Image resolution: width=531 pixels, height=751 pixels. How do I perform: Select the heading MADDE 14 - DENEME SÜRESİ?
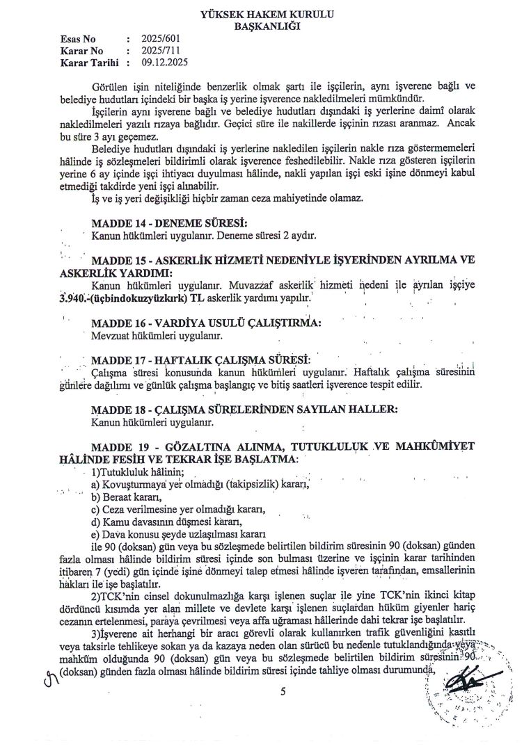pos(169,223)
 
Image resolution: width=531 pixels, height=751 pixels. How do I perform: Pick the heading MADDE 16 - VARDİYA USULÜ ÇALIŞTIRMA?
pos(207,323)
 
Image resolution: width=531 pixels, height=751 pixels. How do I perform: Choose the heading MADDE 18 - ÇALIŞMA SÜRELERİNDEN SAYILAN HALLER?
pos(244,410)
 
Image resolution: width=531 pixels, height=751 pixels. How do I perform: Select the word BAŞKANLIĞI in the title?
pos(267,26)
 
